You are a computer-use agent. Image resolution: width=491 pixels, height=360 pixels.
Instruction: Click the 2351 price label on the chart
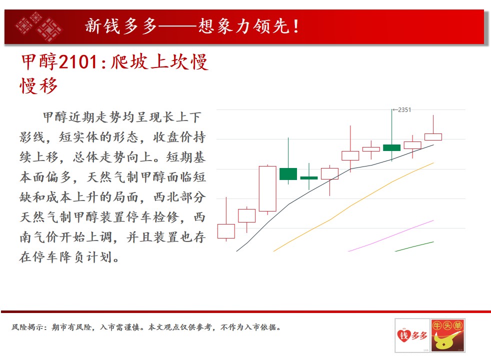pos(402,110)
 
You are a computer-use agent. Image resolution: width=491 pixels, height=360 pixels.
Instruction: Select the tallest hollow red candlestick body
pos(267,189)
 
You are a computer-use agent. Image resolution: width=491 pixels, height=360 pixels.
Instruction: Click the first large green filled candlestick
pos(288,173)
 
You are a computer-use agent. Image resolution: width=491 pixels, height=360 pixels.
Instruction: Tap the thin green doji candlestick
pos(309,178)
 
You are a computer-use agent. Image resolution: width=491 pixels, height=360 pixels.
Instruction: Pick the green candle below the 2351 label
pos(391,148)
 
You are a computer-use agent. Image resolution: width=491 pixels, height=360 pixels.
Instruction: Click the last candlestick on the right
pos(433,137)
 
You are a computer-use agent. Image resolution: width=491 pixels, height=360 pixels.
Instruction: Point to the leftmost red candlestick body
pos(226,231)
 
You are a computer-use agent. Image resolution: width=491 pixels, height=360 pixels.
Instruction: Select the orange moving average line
pos(353,207)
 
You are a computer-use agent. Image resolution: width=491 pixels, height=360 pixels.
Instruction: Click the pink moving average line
pos(391,235)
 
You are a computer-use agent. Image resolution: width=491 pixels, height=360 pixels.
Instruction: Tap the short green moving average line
pos(414,246)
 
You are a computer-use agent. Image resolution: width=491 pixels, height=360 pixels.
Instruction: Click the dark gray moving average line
pos(335,198)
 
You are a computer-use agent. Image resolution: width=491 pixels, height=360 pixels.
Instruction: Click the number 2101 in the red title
pos(78,61)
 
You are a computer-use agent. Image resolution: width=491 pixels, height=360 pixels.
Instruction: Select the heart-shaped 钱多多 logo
pos(412,335)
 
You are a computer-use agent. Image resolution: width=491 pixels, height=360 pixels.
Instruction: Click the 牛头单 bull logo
pos(447,335)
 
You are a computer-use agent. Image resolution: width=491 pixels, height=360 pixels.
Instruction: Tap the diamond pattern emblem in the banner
pos(38,26)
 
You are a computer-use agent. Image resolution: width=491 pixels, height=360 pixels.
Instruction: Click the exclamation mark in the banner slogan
pos(296,26)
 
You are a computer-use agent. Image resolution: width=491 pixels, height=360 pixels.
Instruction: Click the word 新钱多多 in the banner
pos(121,26)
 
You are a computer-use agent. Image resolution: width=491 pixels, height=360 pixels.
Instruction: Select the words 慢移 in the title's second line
pos(39,86)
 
